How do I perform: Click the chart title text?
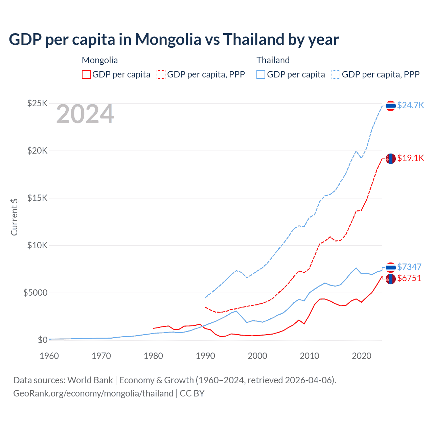point(174,40)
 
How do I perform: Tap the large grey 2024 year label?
point(85,114)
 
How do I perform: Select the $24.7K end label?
point(410,105)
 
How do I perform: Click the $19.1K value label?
point(410,158)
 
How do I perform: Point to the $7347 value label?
point(409,267)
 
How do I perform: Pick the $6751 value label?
point(409,278)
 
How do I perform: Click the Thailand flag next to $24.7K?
point(391,106)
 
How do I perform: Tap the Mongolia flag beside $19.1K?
point(391,158)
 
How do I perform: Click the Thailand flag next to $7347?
point(391,268)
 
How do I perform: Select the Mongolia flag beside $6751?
point(391,279)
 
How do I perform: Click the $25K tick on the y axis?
point(37,103)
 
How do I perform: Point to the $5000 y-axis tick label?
point(35,293)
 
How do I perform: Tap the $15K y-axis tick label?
point(37,198)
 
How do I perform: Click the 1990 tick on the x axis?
point(206,356)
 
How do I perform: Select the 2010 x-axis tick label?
point(310,356)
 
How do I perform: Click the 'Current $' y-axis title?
point(14,217)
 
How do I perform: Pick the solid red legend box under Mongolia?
point(86,74)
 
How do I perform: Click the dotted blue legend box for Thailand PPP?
point(336,74)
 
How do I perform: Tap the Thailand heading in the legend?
point(273,60)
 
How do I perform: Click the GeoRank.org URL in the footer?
point(93,393)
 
